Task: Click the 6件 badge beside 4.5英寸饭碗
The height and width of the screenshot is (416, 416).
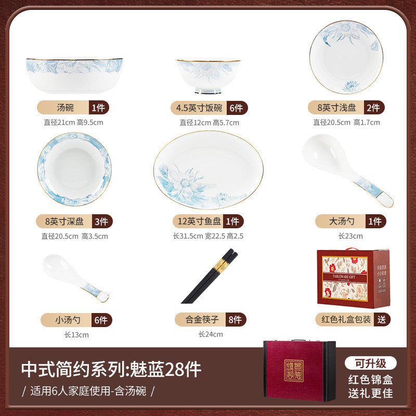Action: pyautogui.click(x=236, y=108)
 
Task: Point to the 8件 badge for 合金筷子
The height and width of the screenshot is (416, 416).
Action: pyautogui.click(x=236, y=319)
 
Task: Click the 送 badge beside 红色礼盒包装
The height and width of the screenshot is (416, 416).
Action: pyautogui.click(x=382, y=319)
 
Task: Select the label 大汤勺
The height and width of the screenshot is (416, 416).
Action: pyautogui.click(x=342, y=222)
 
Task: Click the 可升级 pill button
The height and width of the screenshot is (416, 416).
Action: pyautogui.click(x=370, y=363)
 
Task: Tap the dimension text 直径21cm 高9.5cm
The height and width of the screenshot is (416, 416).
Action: pyautogui.click(x=74, y=123)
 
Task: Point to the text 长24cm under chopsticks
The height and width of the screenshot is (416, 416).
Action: pyautogui.click(x=211, y=334)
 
